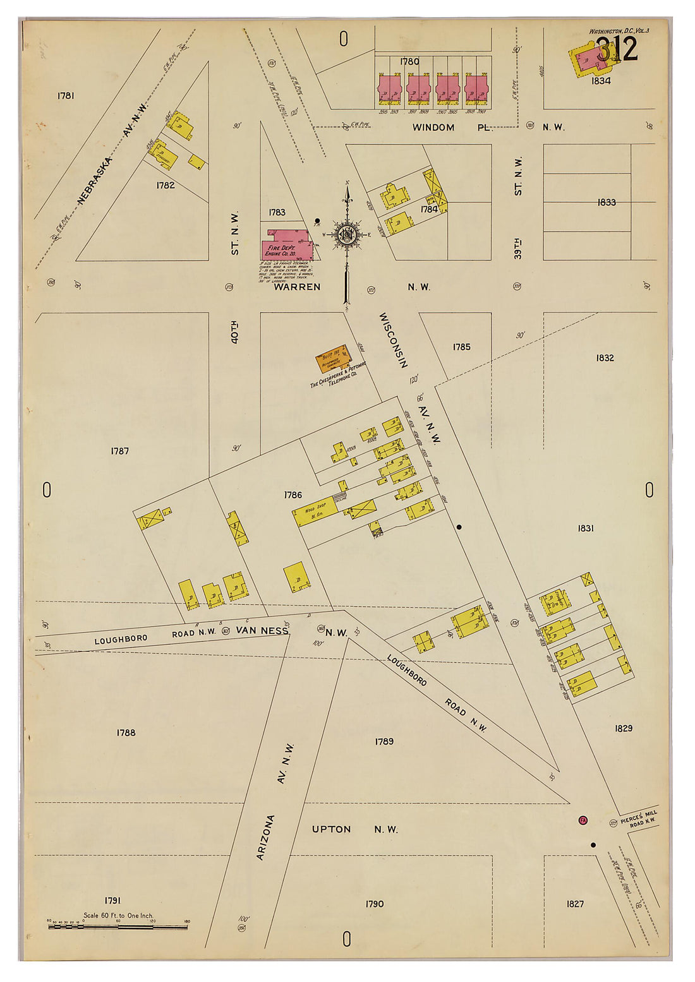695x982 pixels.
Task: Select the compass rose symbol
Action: tap(347, 235)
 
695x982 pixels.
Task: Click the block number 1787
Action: tap(119, 451)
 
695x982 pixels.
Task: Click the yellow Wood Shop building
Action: tap(316, 514)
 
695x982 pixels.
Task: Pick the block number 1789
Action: tap(384, 741)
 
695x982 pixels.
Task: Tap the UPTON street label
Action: tap(331, 829)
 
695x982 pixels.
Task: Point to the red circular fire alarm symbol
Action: tap(583, 820)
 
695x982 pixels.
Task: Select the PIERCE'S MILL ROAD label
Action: tap(639, 818)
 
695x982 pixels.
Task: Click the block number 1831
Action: tap(585, 528)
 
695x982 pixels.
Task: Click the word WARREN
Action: tap(297, 287)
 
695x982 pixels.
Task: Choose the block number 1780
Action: tap(409, 61)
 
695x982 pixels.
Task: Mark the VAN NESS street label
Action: tap(262, 630)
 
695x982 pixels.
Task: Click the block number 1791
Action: tap(112, 901)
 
